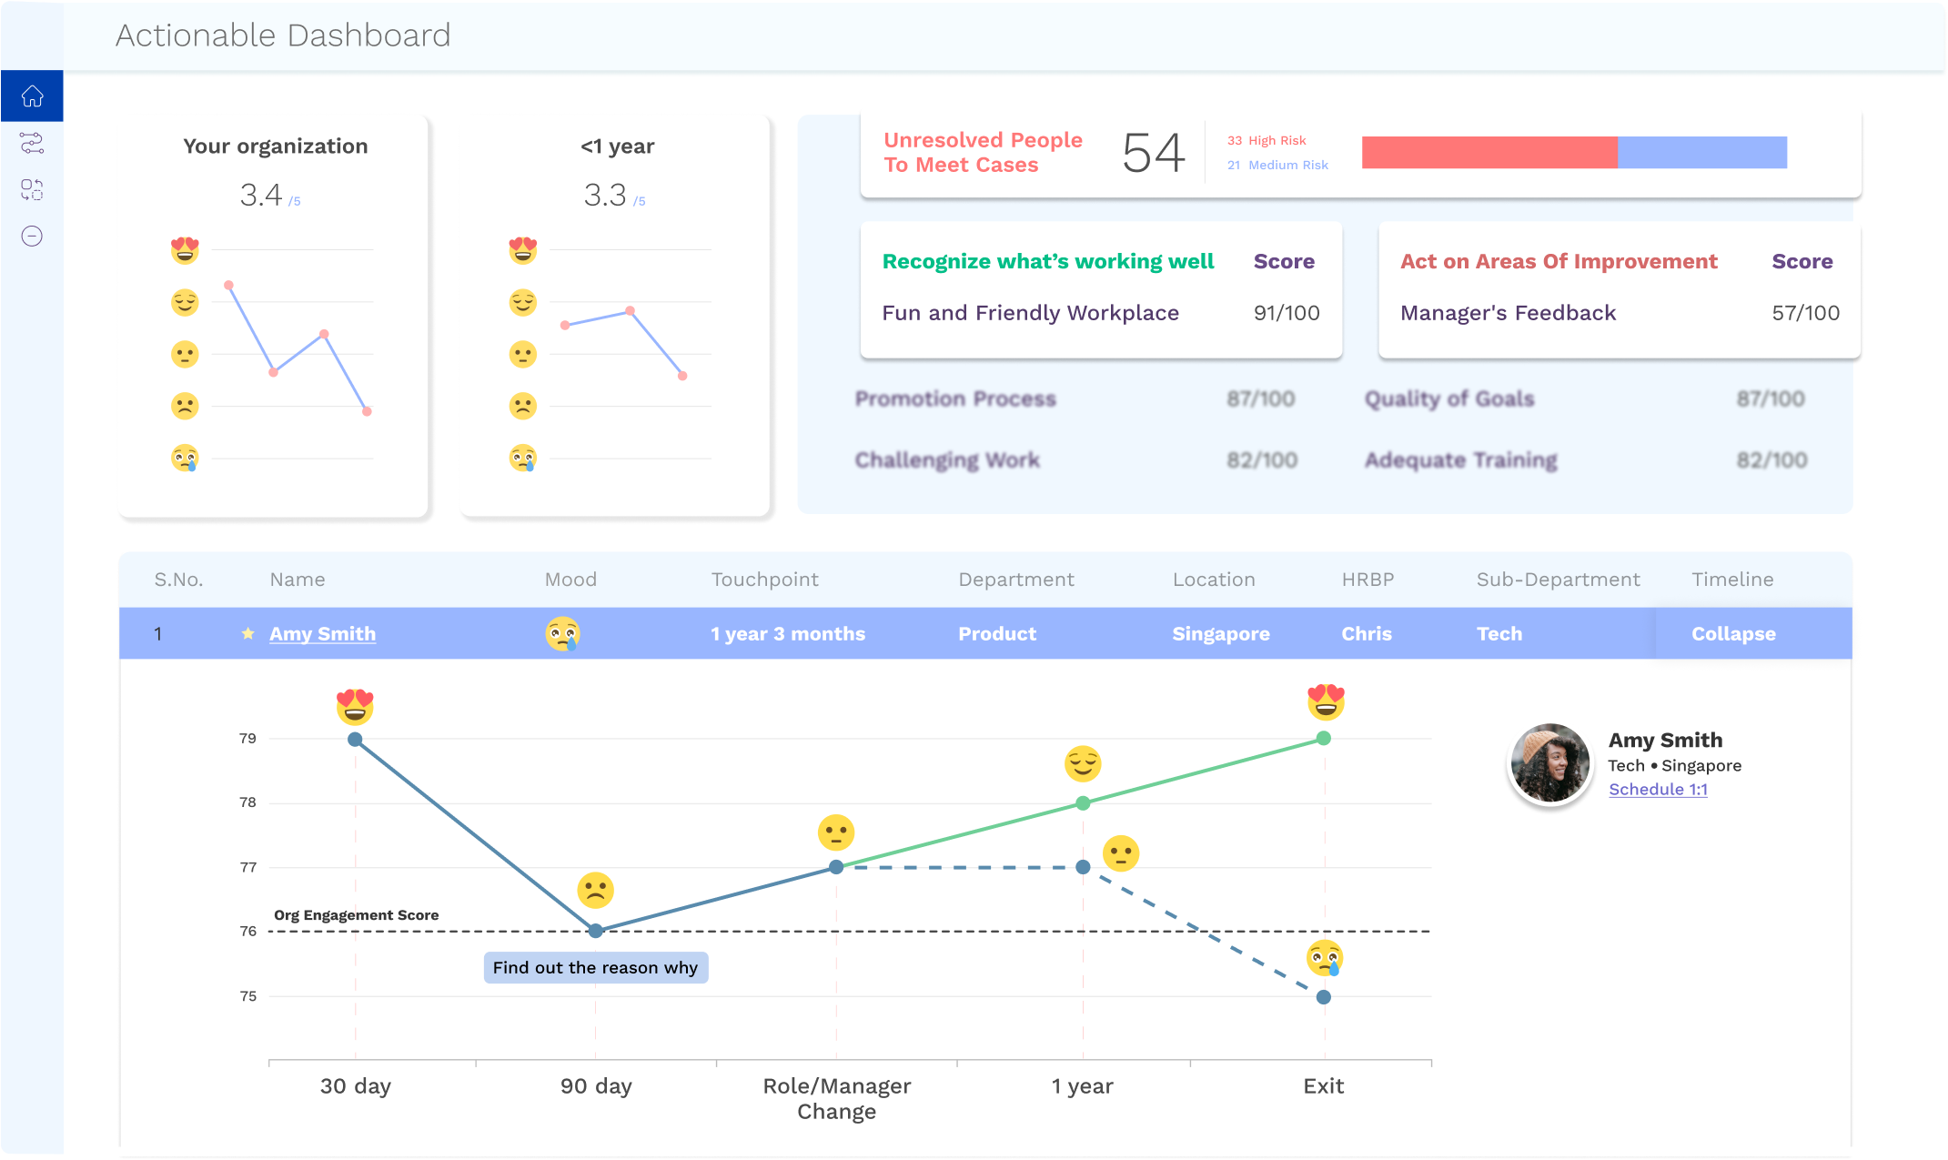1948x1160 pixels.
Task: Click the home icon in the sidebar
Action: pos(32,96)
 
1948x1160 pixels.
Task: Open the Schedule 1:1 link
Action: pos(1658,790)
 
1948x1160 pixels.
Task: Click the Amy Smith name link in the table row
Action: pos(322,634)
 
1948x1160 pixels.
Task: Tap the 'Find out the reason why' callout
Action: pos(595,967)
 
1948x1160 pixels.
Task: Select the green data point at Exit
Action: pos(1324,739)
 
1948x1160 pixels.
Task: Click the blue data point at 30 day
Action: pos(355,740)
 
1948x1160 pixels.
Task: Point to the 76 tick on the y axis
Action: pos(248,931)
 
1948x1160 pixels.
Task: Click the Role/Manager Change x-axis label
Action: pos(836,1098)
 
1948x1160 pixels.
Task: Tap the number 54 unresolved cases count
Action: pos(1153,153)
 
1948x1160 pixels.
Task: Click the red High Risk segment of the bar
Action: pos(1489,153)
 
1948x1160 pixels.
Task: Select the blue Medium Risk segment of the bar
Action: pos(1701,153)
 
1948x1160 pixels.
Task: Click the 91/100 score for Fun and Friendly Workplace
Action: pos(1286,313)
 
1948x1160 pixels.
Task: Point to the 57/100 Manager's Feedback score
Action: pos(1805,313)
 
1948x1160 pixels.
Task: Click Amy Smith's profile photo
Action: pos(1549,763)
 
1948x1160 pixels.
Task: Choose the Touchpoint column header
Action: pos(764,580)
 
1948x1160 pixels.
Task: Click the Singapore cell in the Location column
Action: pos(1220,634)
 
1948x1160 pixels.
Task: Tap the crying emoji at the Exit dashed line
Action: pos(1324,958)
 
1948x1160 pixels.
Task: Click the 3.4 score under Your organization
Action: pos(261,195)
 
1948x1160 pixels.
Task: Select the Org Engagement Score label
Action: pos(356,915)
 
